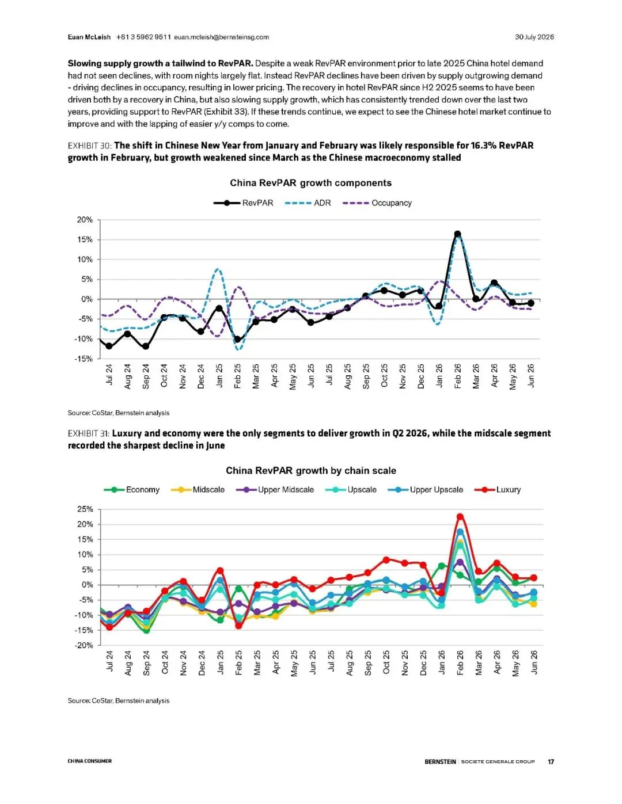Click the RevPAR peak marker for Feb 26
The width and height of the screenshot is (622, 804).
click(458, 234)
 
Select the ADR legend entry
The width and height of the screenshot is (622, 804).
click(308, 203)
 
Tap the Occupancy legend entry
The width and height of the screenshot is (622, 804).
click(377, 203)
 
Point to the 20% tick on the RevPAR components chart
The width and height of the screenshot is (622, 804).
click(85, 220)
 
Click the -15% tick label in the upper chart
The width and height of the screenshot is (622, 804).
click(84, 359)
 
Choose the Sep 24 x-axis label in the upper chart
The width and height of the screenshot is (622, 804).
click(146, 376)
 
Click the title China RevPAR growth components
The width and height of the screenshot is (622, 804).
click(310, 183)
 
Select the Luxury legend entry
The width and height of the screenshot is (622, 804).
click(498, 490)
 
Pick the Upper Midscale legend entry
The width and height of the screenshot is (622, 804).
click(275, 490)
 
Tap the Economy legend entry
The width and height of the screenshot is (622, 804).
click(132, 490)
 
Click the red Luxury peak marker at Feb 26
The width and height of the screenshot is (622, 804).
click(460, 517)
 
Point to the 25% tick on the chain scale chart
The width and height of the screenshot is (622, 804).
click(85, 509)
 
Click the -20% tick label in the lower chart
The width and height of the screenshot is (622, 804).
click(84, 645)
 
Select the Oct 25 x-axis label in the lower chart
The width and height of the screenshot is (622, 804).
click(386, 662)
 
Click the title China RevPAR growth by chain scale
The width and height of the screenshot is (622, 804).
click(311, 471)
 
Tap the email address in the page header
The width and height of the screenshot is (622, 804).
click(221, 37)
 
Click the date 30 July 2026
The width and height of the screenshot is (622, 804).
click(534, 37)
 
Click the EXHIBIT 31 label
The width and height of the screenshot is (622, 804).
click(89, 433)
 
